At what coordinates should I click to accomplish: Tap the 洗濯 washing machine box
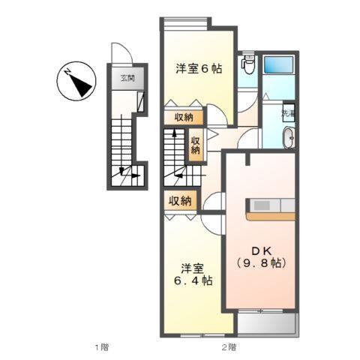click(x=288, y=114)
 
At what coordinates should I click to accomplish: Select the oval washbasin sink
click(x=288, y=138)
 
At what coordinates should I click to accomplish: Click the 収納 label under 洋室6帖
click(x=183, y=117)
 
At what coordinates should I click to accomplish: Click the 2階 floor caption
click(x=229, y=346)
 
